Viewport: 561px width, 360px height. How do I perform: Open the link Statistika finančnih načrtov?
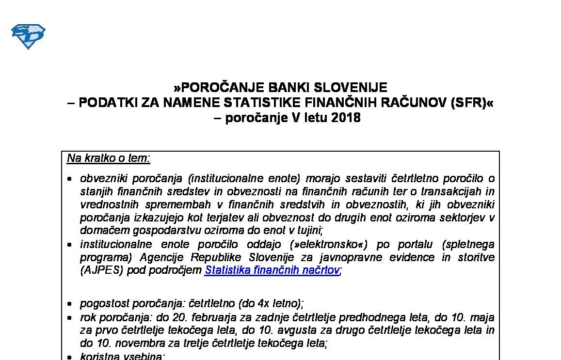point(272,270)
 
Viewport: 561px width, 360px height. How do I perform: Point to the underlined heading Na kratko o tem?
point(109,158)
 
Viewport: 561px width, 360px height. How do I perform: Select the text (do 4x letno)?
point(271,304)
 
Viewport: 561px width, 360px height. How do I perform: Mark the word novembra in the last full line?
point(123,344)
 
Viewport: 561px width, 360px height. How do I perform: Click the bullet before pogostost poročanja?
point(70,304)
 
